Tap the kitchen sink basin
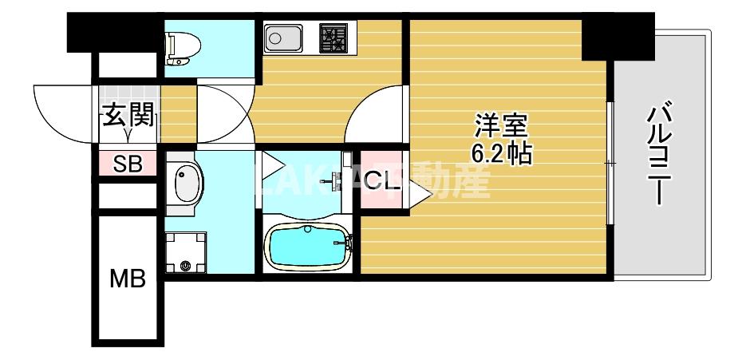click(282, 38)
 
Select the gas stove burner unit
click(335, 38)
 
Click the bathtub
click(309, 247)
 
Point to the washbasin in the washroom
click(187, 184)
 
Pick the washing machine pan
click(186, 252)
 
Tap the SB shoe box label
click(128, 164)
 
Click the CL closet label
click(380, 182)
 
